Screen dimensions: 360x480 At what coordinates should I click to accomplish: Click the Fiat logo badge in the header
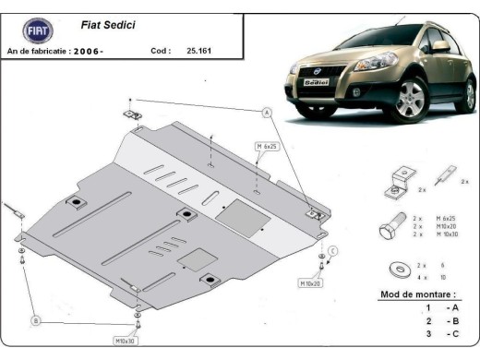[x=37, y=29]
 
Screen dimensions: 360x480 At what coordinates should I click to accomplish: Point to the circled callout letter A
[x=266, y=112]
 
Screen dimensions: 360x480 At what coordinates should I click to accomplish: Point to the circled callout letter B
[x=36, y=320]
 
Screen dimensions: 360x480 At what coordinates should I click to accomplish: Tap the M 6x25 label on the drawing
[x=267, y=147]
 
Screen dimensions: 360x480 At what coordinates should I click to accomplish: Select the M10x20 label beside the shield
[x=309, y=282]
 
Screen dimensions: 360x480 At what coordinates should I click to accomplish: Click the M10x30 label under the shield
[x=125, y=341]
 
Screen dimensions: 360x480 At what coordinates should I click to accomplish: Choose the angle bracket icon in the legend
[x=393, y=178]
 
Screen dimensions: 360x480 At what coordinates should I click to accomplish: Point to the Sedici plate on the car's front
[x=316, y=81]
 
